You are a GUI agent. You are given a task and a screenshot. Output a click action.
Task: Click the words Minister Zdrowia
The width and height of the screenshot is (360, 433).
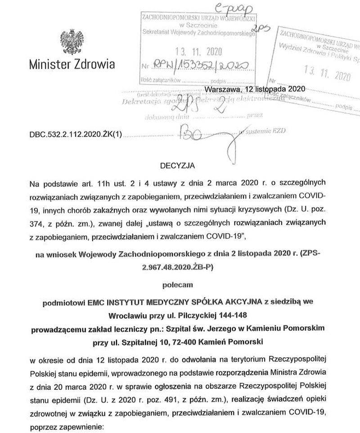72,63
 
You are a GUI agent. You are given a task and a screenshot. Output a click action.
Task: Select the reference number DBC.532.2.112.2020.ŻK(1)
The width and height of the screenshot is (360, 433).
76,134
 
